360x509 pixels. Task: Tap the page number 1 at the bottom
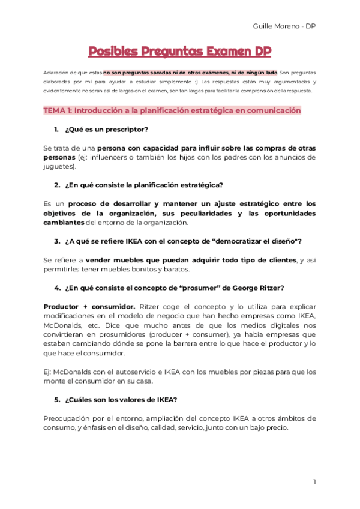pos(314,481)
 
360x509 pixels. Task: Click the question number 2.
pos(57,184)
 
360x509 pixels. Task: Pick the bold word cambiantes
pos(64,223)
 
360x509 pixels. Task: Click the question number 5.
pos(57,399)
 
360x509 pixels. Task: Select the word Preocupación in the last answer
pos(68,418)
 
